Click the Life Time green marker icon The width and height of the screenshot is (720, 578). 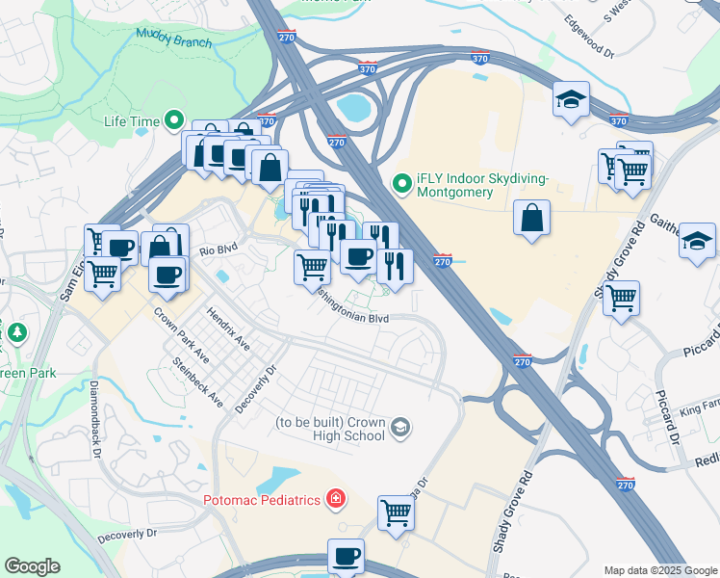(174, 121)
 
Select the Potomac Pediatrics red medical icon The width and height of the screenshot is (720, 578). (335, 499)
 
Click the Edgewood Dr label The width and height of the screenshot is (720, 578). (589, 34)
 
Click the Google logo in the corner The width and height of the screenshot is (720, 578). (32, 566)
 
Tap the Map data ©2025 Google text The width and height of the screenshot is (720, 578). (659, 569)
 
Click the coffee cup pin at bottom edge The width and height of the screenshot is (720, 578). (346, 556)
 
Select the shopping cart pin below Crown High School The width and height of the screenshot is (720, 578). (396, 512)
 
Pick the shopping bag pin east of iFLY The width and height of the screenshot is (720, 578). (531, 218)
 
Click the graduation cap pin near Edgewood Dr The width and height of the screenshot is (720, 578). (571, 99)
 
